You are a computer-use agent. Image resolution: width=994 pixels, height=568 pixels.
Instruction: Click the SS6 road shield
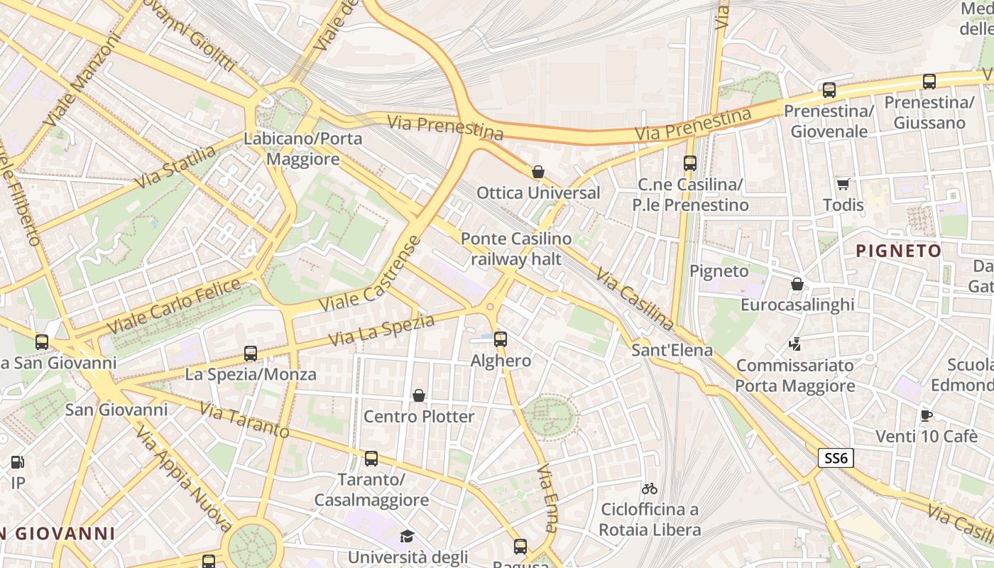836,458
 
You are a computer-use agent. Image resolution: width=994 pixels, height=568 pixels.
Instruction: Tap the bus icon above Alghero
501,339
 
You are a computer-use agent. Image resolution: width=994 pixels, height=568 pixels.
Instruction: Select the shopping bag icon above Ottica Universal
538,172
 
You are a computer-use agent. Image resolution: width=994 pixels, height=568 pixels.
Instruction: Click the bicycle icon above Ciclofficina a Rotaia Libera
649,488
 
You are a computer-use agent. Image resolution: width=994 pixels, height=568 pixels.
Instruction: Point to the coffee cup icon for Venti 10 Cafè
926,415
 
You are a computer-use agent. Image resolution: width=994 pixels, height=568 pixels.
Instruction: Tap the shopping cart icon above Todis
843,185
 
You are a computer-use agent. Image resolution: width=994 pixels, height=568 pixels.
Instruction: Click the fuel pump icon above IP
17,462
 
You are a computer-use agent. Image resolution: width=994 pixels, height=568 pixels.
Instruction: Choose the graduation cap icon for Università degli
407,536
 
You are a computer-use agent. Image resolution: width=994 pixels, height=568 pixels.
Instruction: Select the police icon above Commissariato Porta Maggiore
795,344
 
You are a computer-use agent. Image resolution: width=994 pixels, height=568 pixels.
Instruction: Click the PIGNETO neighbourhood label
898,251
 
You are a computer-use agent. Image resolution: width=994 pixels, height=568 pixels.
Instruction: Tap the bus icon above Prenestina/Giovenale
829,90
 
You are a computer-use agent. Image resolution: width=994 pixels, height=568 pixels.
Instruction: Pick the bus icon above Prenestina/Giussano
929,82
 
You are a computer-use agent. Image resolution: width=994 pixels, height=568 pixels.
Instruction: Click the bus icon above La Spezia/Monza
250,353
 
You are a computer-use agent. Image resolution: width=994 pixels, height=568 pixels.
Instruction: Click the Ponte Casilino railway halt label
516,248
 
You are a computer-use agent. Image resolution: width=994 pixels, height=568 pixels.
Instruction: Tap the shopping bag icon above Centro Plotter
419,395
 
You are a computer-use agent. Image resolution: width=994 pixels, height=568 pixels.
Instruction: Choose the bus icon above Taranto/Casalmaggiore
371,459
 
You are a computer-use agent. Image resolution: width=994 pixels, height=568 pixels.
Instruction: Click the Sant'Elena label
672,350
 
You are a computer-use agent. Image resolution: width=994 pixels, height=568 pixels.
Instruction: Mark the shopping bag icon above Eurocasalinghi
797,284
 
